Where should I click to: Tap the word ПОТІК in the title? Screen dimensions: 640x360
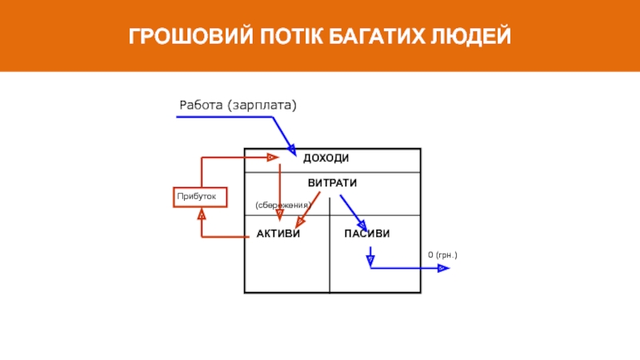point(291,36)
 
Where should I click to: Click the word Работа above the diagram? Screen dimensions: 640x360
point(201,105)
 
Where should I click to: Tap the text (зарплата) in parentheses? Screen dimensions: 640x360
point(262,106)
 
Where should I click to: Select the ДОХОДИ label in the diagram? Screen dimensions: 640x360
point(326,158)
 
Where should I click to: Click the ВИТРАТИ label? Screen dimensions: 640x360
point(332,183)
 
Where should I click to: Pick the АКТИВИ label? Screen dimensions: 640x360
point(278,234)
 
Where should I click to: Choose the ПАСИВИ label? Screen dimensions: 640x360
point(367,234)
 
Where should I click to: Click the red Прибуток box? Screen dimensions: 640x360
point(200,197)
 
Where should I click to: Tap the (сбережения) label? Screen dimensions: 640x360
point(283,205)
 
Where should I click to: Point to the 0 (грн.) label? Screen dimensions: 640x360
point(442,254)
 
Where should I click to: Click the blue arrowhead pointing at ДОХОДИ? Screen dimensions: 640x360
point(292,150)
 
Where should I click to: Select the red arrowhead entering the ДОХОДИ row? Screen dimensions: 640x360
point(273,158)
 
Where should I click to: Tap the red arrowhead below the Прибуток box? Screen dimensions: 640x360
point(202,214)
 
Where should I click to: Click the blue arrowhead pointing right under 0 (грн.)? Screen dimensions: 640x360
point(443,268)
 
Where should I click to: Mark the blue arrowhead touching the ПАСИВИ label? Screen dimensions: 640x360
point(362,226)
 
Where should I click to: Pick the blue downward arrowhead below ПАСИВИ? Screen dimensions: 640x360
point(370,261)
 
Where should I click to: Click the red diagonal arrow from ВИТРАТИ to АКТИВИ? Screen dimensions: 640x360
point(308,210)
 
